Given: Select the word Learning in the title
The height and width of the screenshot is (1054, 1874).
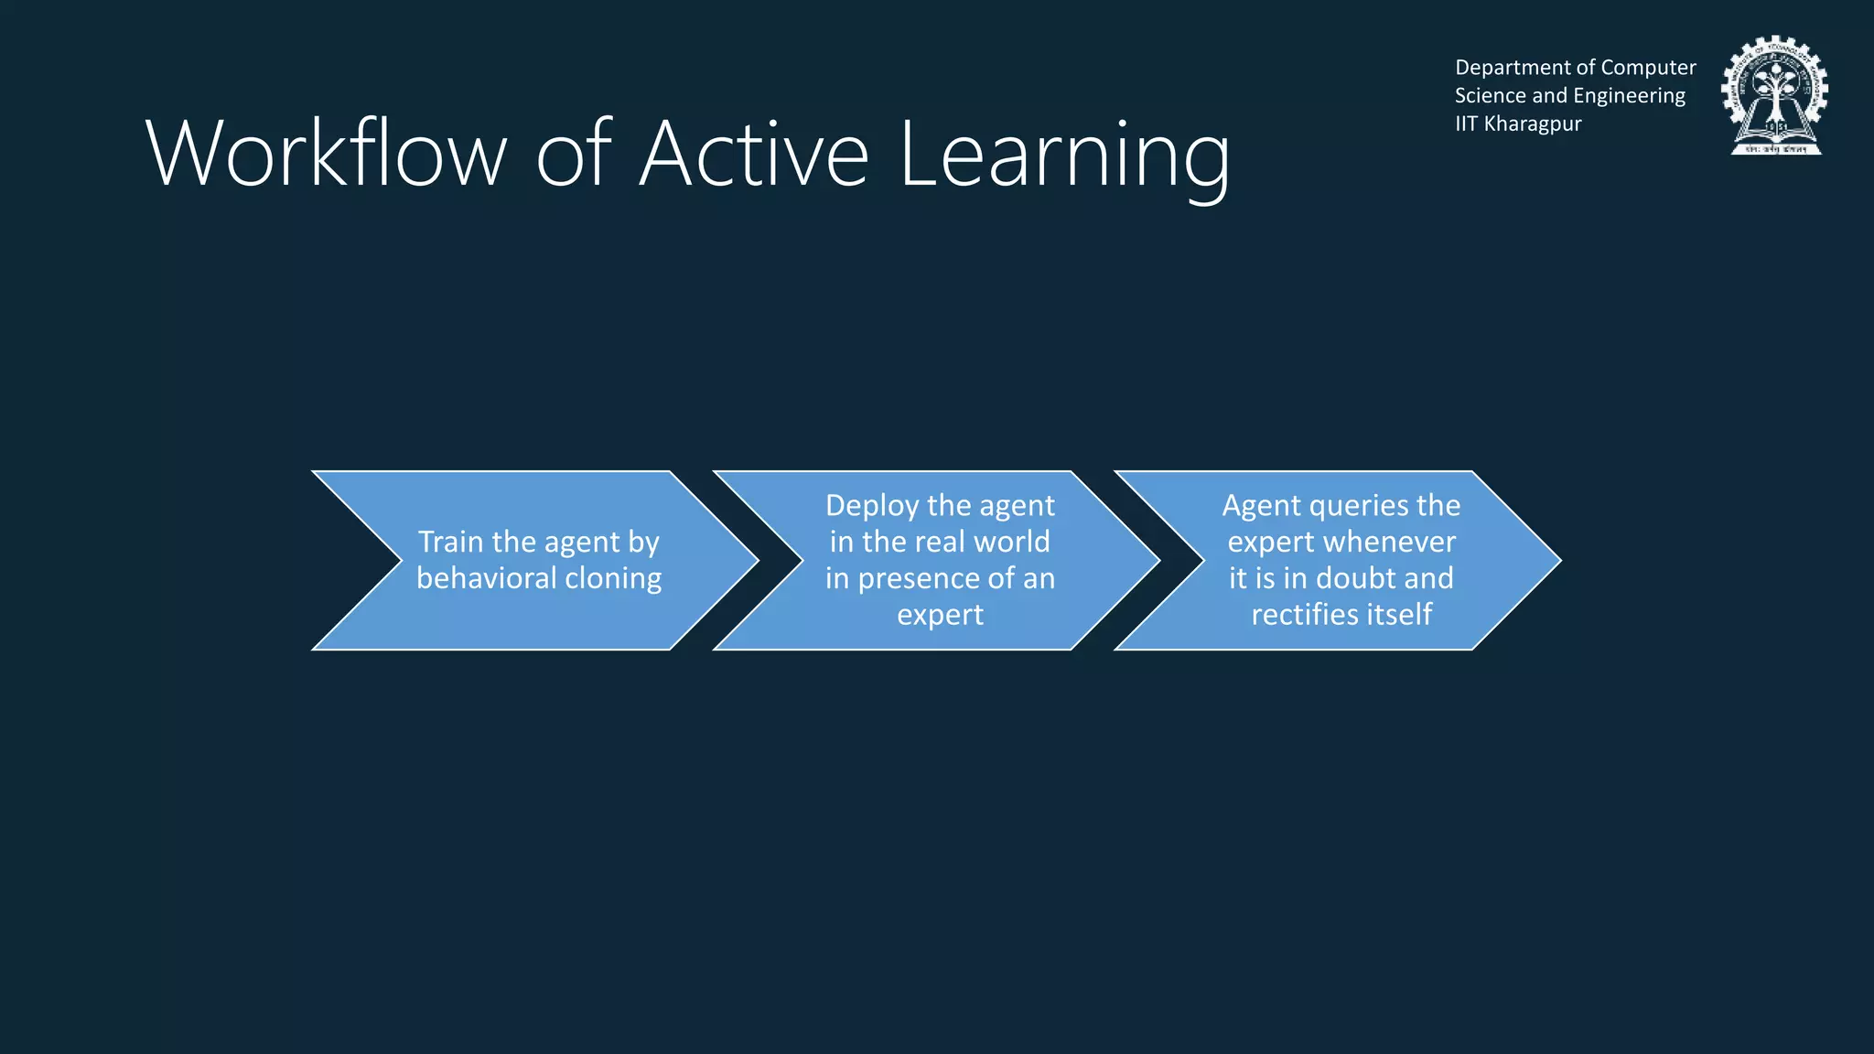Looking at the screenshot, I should [x=1064, y=156].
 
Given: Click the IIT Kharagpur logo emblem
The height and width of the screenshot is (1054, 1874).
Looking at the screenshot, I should [x=1774, y=96].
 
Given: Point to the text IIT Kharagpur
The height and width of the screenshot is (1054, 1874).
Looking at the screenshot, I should [x=1518, y=124].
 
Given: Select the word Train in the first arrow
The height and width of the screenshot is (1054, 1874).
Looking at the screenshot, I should [x=450, y=542].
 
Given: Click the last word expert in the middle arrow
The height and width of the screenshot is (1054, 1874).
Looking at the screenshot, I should [x=940, y=615].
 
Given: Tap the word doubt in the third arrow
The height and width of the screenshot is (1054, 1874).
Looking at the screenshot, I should [x=1355, y=578].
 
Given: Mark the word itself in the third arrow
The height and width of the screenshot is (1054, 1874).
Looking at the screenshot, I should [x=1399, y=614].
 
